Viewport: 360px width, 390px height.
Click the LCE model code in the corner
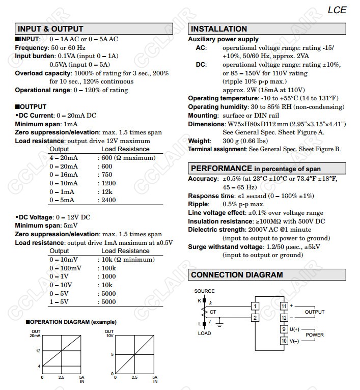pos(337,10)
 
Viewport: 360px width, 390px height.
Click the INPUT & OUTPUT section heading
pos(50,29)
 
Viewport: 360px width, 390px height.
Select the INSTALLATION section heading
pos(218,29)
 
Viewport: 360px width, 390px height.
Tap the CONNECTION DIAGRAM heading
pos(237,275)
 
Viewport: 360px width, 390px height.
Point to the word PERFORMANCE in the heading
pos(221,169)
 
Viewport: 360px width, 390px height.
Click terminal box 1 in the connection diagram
pos(255,306)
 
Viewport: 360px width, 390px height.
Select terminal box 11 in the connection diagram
pos(284,306)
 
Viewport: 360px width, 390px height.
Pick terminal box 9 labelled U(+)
pos(284,329)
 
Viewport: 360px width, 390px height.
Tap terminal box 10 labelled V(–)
pos(284,341)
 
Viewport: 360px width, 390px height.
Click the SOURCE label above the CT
pos(204,291)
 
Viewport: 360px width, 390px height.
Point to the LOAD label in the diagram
pos(204,333)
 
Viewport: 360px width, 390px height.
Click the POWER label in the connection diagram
pos(315,335)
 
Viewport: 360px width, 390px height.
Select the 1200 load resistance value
pos(108,183)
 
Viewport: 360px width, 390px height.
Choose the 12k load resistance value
pos(106,191)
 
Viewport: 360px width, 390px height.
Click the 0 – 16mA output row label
pos(64,175)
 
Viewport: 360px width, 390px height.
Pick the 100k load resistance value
pos(108,268)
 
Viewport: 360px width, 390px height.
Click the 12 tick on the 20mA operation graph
pos(38,351)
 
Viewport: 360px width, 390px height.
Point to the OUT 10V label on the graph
pos(109,333)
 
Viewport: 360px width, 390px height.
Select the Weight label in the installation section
pos(199,141)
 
